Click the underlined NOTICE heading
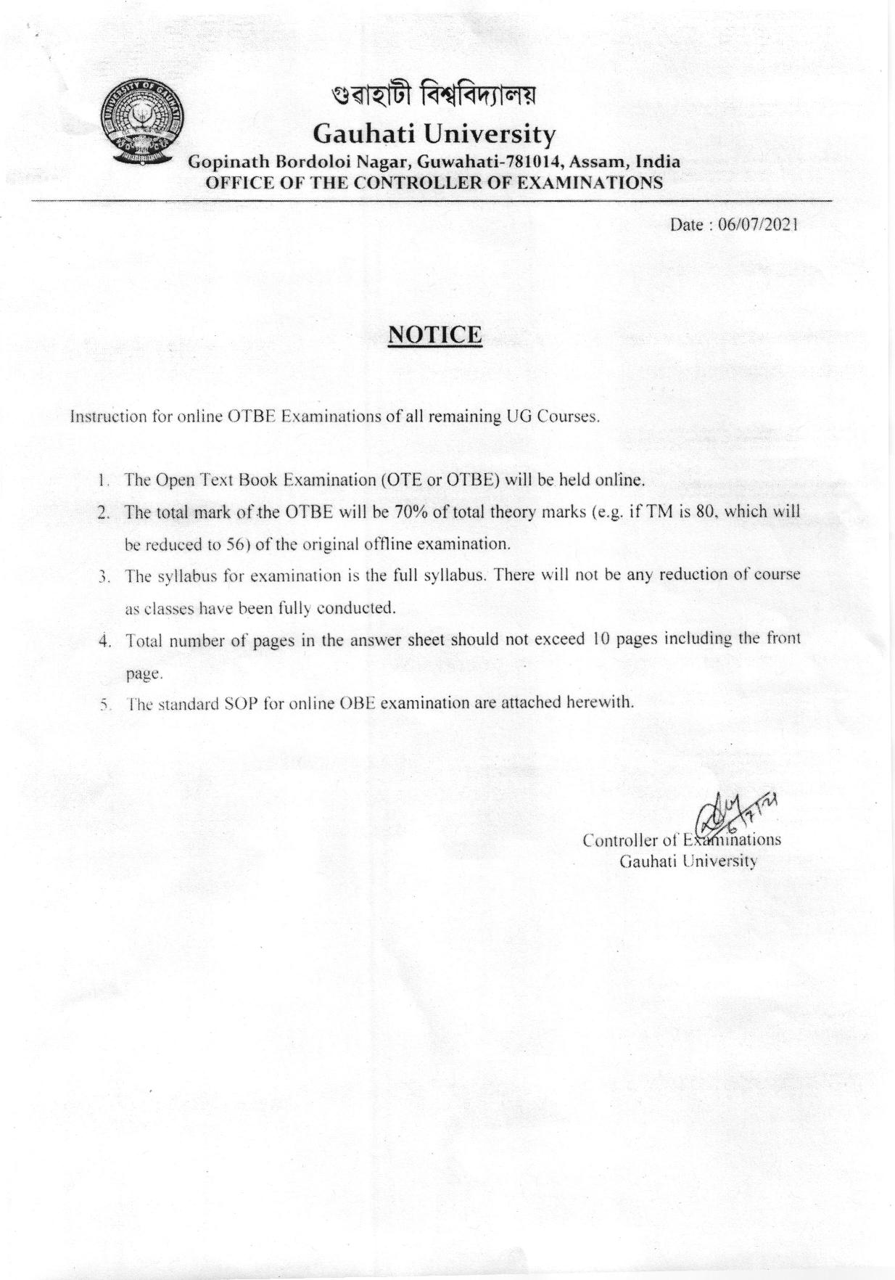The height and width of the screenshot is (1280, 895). click(x=435, y=335)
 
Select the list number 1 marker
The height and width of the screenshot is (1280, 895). click(x=104, y=480)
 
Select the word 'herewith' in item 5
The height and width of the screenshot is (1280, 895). click(x=603, y=702)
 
